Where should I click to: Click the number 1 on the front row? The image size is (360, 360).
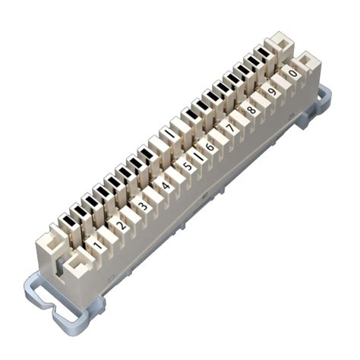[96, 245]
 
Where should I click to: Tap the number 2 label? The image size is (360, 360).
[118, 226]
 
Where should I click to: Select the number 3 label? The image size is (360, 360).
[141, 205]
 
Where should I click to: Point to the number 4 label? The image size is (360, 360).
[165, 185]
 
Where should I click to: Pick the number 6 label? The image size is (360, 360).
[209, 145]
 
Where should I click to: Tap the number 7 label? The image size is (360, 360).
[230, 127]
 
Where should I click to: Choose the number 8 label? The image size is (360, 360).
[251, 109]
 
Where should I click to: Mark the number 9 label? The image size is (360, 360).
[272, 90]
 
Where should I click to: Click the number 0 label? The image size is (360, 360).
[292, 73]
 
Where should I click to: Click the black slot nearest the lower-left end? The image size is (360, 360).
[69, 221]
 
